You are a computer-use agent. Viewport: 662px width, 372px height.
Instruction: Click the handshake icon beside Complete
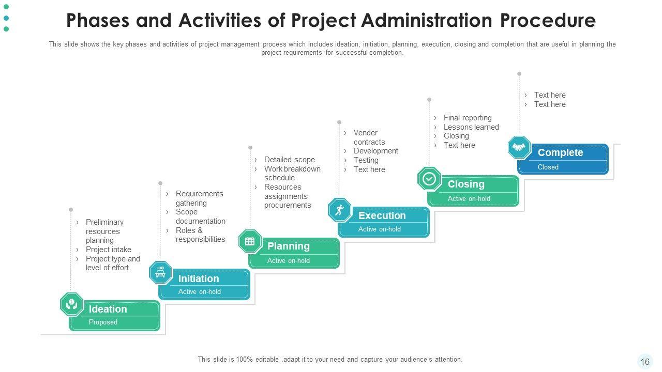pyautogui.click(x=519, y=148)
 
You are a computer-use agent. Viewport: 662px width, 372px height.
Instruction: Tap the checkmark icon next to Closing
pyautogui.click(x=429, y=179)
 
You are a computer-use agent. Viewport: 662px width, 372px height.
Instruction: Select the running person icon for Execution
pyautogui.click(x=340, y=210)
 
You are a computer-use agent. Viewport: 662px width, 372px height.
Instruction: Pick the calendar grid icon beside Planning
pyautogui.click(x=250, y=241)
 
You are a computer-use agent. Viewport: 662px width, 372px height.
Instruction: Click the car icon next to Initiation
pyautogui.click(x=160, y=273)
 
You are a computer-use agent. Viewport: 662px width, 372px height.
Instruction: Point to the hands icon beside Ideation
pyautogui.click(x=71, y=304)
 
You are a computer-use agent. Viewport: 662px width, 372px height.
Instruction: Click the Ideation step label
pyautogui.click(x=108, y=309)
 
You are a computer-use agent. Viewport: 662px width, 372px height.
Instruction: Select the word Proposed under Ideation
pyautogui.click(x=103, y=322)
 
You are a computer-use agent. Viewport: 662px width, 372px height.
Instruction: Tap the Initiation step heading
pyautogui.click(x=199, y=278)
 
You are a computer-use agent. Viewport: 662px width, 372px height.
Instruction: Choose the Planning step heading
pyautogui.click(x=288, y=246)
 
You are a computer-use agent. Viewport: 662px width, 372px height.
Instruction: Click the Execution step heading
pyautogui.click(x=382, y=215)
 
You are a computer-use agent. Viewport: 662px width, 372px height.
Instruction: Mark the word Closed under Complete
pyautogui.click(x=548, y=167)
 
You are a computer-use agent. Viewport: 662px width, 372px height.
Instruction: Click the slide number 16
pyautogui.click(x=645, y=362)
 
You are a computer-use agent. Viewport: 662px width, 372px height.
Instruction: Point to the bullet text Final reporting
pyautogui.click(x=468, y=118)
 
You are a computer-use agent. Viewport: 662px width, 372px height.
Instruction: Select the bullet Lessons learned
pyautogui.click(x=471, y=127)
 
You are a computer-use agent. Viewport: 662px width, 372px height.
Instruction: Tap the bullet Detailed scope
pyautogui.click(x=289, y=160)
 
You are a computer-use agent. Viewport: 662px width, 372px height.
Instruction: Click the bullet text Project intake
pyautogui.click(x=109, y=250)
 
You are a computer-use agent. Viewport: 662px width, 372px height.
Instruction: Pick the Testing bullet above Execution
pyautogui.click(x=366, y=160)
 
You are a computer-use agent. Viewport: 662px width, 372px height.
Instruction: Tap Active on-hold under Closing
pyautogui.click(x=469, y=198)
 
